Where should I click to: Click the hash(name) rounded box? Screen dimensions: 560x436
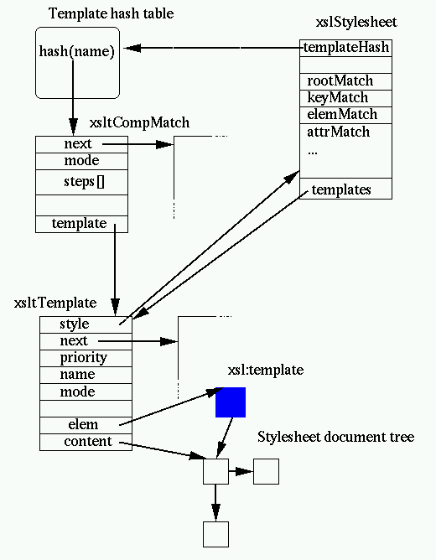(76, 63)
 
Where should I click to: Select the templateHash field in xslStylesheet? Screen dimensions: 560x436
(345, 48)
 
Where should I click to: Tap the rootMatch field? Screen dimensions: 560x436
(340, 81)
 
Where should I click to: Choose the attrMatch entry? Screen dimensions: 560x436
(338, 132)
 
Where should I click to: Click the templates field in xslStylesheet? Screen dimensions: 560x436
(341, 189)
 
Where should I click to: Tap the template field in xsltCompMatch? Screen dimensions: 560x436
(79, 223)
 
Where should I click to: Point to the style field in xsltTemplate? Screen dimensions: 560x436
(75, 324)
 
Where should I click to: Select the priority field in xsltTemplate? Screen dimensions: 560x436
(84, 358)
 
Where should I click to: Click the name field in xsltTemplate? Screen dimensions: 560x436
(77, 375)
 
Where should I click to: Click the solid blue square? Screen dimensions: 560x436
(231, 402)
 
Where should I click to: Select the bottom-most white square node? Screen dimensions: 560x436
(216, 533)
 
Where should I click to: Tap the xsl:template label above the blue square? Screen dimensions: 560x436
(266, 370)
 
